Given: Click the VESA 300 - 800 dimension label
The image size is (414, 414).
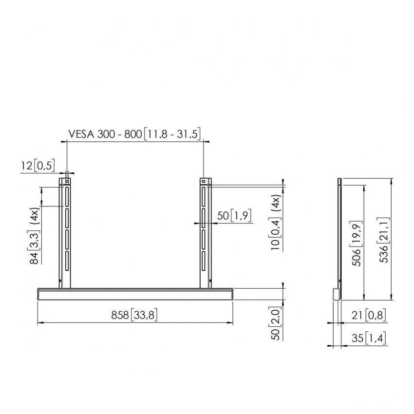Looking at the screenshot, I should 134,133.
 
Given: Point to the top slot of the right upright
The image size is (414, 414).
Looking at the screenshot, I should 204,199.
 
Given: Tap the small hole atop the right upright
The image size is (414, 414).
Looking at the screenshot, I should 205,182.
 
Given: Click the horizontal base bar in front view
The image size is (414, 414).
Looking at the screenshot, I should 135,294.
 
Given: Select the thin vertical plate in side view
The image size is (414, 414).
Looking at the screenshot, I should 339,234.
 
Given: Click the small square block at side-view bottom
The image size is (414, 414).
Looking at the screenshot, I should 336,294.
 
